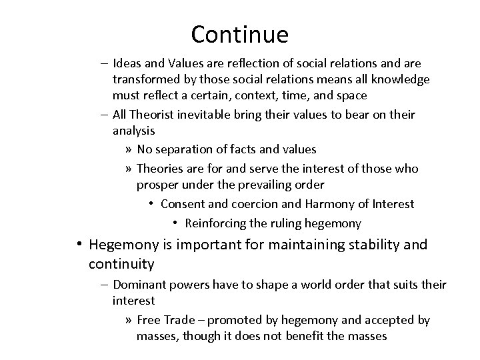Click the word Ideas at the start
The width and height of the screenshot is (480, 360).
pos(126,63)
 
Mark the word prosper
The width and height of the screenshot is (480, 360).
pos(157,184)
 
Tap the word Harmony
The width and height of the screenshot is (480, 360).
pos(327,203)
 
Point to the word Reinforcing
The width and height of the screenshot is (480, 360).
pos(217,223)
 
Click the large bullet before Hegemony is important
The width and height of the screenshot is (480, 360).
pos(79,245)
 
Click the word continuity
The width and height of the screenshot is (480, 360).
pos(121,265)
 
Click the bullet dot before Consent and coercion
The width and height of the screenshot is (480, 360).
pos(153,204)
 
